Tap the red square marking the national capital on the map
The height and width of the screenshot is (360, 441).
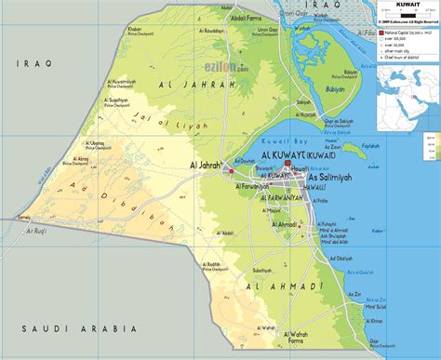287,165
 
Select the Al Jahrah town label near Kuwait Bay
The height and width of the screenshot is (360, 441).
206,166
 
